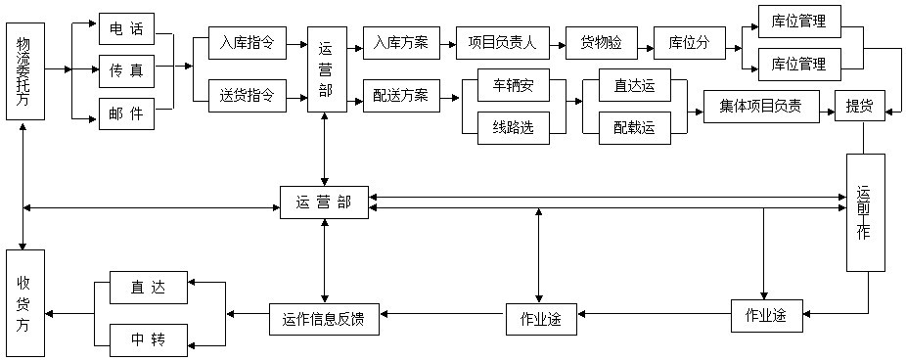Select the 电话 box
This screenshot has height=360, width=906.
[x=126, y=29]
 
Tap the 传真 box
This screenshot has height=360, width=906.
[x=126, y=71]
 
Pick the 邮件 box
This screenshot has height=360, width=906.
[x=126, y=113]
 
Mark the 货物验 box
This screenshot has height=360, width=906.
[x=601, y=43]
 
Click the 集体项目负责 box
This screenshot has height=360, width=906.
[x=761, y=106]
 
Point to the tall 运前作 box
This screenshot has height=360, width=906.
[x=865, y=212]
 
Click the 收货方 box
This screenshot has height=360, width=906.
[x=24, y=303]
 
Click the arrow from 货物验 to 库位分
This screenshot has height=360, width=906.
[x=644, y=44]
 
